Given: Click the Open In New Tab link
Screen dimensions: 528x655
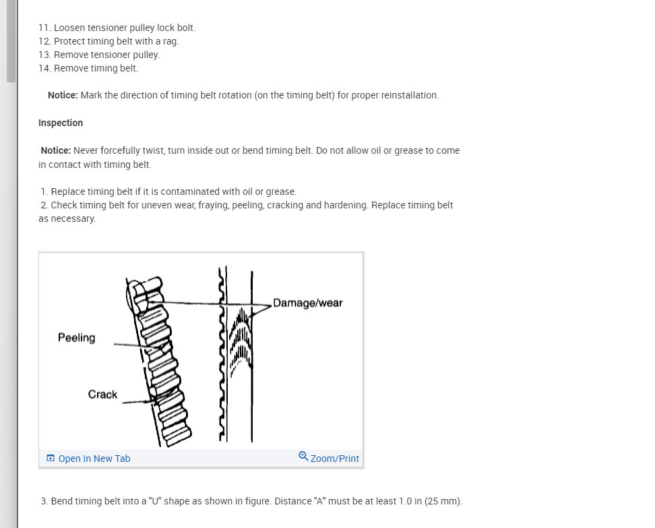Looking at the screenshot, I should [x=94, y=459].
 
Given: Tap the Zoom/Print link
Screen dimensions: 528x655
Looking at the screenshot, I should [x=334, y=459].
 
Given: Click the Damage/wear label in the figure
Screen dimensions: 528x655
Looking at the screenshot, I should [x=307, y=303].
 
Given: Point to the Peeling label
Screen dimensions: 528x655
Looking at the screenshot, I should [x=76, y=338].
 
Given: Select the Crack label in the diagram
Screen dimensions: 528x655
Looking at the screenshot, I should [x=102, y=394].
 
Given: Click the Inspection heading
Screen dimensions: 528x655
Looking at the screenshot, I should [x=61, y=123].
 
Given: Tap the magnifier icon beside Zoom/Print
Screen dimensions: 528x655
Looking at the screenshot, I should [x=303, y=457].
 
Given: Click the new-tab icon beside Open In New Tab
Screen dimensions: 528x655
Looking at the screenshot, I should [x=51, y=459].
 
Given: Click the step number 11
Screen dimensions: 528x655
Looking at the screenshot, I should [x=44, y=28].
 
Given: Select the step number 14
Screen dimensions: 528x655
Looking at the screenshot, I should [x=44, y=68].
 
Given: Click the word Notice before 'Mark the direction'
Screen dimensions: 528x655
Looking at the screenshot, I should [x=63, y=95].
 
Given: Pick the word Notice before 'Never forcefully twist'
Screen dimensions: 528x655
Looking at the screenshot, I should [x=56, y=150].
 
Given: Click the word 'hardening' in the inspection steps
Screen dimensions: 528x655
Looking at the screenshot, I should [x=346, y=205].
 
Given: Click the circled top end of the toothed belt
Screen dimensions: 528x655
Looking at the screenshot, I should [x=137, y=297].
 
